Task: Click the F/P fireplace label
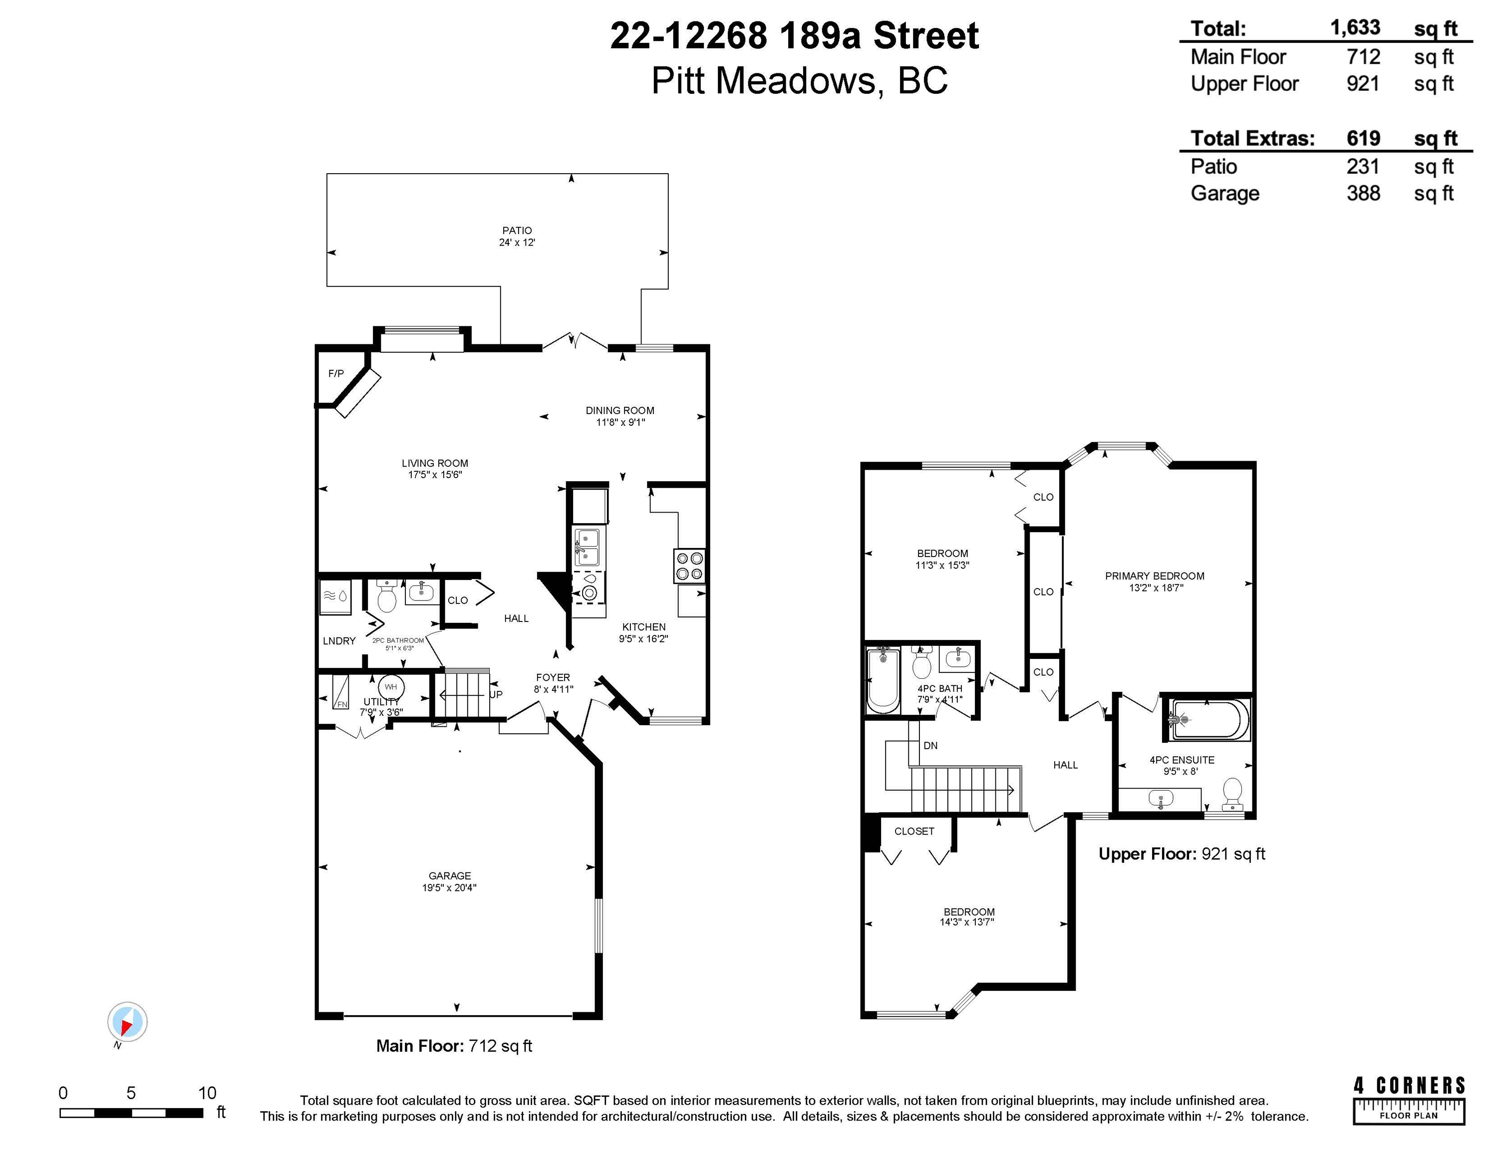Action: pyautogui.click(x=336, y=373)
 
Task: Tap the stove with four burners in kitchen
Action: pyautogui.click(x=689, y=566)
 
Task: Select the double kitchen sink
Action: pyautogui.click(x=587, y=547)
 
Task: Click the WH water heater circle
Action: pyautogui.click(x=390, y=687)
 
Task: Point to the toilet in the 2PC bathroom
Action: pyautogui.click(x=386, y=597)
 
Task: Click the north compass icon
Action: pyautogui.click(x=127, y=1022)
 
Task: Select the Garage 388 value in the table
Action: pyautogui.click(x=1363, y=194)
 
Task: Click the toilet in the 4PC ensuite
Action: pyautogui.click(x=1232, y=793)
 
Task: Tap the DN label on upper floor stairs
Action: pyautogui.click(x=930, y=745)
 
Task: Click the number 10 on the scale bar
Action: pyautogui.click(x=207, y=1093)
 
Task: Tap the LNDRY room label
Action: pyautogui.click(x=338, y=640)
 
